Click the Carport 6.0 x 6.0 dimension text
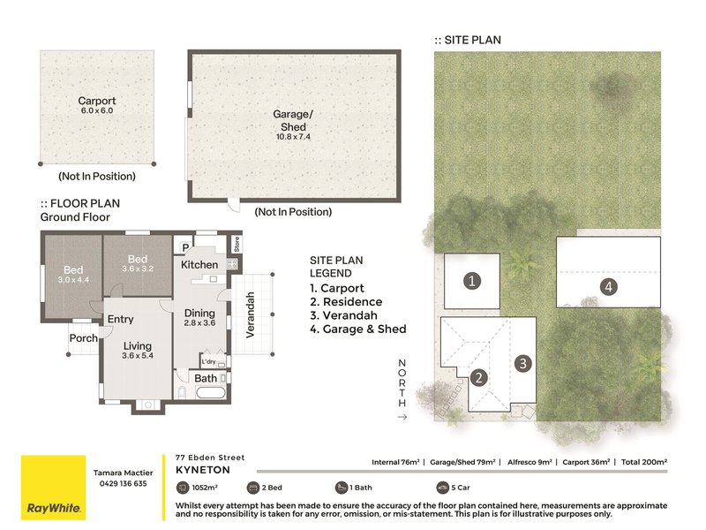[x=97, y=111]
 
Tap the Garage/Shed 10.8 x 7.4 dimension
[x=293, y=137]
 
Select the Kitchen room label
[x=199, y=264]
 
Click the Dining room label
[x=199, y=313]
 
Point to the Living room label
[x=138, y=346]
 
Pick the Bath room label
[x=206, y=379]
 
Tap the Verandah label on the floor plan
[x=251, y=315]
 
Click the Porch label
[x=83, y=338]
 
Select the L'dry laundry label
[x=208, y=361]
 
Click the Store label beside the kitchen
[x=237, y=245]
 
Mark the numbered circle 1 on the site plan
[x=472, y=281]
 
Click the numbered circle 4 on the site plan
[x=608, y=286]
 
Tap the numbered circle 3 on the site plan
[x=522, y=363]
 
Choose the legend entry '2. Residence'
[x=346, y=302]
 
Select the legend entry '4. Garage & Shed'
[x=358, y=329]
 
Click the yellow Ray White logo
[x=54, y=488]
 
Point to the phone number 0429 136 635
[x=123, y=483]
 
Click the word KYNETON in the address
[x=203, y=470]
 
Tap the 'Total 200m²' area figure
[x=644, y=462]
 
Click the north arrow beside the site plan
[x=402, y=417]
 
